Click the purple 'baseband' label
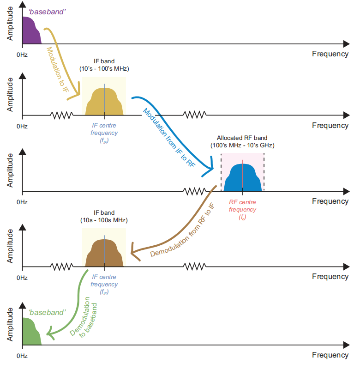pos(47,11)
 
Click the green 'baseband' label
pos(47,313)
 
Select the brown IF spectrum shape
pos(104,255)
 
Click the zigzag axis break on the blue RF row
pos(195,191)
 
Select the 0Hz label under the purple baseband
pos(22,55)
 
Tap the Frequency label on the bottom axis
pos(330,355)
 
